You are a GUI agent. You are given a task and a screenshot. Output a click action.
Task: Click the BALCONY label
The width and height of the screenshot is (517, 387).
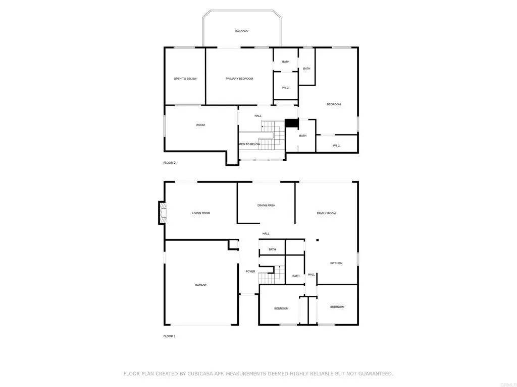(241, 31)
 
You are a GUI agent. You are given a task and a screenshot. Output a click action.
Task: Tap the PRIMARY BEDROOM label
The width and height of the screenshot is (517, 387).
(239, 79)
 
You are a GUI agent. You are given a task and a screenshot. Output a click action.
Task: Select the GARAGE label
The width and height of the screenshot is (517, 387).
(200, 285)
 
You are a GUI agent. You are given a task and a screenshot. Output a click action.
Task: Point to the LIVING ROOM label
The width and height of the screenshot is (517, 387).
(201, 213)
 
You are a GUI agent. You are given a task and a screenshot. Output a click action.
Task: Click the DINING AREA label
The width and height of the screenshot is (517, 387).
(266, 205)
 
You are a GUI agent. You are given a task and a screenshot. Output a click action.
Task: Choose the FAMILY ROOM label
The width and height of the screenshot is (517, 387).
(326, 213)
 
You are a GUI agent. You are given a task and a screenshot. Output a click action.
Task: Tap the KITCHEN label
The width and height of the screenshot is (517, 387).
(336, 263)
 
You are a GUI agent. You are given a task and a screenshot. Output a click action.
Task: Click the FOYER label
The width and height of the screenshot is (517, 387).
(250, 272)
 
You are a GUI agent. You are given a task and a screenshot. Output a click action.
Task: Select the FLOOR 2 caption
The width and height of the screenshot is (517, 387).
(169, 163)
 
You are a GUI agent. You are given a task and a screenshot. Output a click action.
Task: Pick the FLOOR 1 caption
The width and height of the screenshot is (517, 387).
(169, 336)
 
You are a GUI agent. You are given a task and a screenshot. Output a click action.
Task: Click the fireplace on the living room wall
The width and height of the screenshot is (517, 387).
(162, 213)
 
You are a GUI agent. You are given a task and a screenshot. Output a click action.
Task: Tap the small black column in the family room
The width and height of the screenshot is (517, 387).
(317, 240)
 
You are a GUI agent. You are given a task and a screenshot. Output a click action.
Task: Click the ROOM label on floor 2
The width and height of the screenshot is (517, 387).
(200, 125)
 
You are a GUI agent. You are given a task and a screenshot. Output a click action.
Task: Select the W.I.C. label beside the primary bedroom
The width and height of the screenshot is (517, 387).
(285, 88)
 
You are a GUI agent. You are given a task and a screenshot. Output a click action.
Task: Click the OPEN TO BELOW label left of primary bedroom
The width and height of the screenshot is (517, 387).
(185, 79)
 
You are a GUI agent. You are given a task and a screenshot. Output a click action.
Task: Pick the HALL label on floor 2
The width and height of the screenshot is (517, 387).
(258, 116)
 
